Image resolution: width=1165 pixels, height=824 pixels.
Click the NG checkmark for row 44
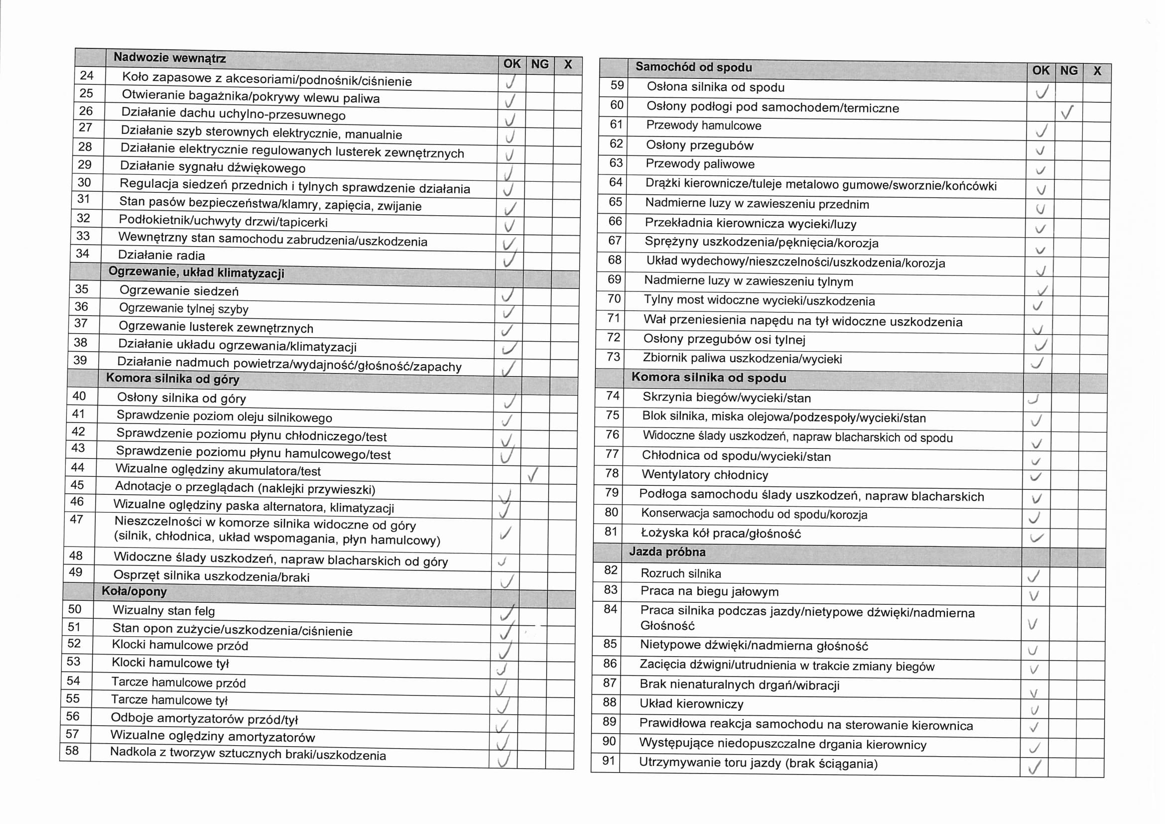(533, 475)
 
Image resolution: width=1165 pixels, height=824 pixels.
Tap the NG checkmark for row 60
(1067, 112)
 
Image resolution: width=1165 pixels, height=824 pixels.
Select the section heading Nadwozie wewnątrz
(169, 58)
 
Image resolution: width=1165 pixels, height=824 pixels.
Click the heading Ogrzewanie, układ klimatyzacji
(196, 273)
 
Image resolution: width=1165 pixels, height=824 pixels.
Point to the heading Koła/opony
(134, 592)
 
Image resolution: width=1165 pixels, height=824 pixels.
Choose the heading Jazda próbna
(667, 552)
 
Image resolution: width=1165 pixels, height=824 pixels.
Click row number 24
(87, 76)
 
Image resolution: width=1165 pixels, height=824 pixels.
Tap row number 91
(608, 761)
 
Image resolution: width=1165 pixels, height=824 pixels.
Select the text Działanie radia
(161, 255)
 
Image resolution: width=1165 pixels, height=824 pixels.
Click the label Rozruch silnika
(680, 574)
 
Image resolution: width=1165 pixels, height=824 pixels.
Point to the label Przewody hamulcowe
(703, 126)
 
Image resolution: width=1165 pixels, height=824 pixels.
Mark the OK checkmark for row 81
(1036, 538)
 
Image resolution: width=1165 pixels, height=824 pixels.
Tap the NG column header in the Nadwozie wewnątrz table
(540, 64)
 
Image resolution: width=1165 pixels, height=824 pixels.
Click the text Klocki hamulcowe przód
(180, 645)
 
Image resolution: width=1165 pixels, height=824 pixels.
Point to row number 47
(76, 520)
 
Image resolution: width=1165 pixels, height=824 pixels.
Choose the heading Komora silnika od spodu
(708, 378)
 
